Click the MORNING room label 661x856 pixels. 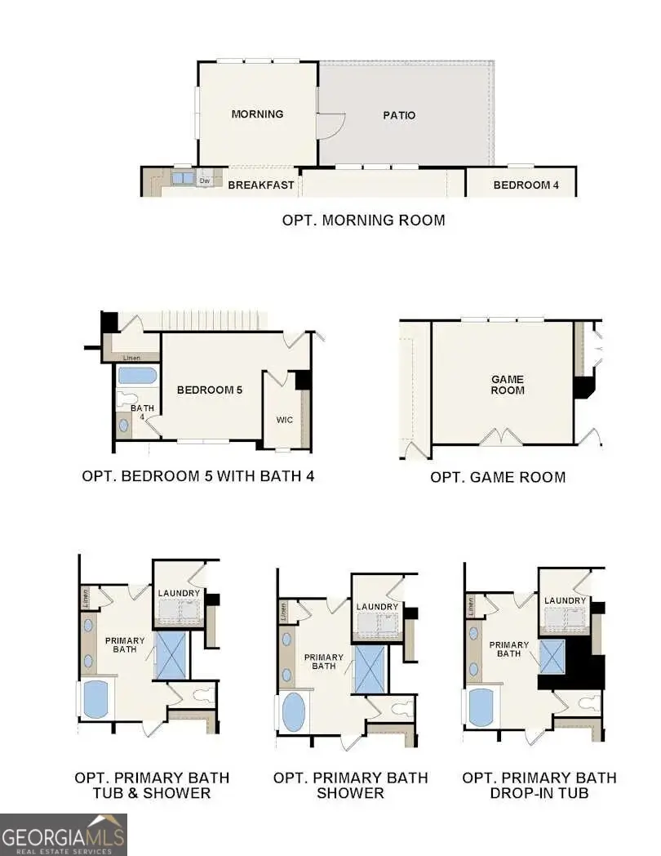point(257,114)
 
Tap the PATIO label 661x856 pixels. point(399,115)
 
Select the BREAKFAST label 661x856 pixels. point(260,185)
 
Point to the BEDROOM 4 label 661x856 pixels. point(526,185)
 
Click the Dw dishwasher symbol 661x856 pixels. point(206,181)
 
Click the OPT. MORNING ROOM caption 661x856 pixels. point(363,220)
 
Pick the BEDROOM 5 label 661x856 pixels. point(210,390)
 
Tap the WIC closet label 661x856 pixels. point(284,420)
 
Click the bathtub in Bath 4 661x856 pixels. point(137,376)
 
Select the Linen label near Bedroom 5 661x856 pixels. point(131,358)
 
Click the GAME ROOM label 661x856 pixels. point(508,385)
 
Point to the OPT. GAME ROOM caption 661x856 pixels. point(498,477)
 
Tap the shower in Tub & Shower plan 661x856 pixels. point(171,654)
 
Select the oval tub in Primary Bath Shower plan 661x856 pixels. point(293,712)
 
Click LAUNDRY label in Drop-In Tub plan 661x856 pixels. point(566,600)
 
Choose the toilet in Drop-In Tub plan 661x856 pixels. point(588,703)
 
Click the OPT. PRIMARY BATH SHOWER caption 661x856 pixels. point(350,785)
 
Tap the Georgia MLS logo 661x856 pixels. point(64,834)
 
